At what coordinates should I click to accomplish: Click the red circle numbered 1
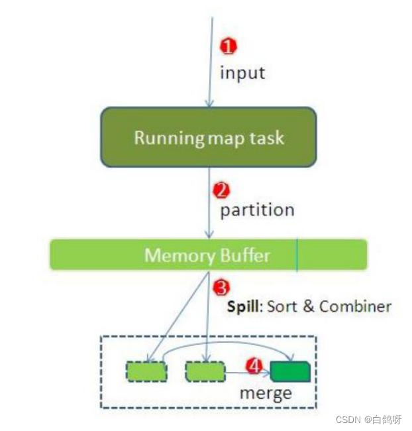click(228, 46)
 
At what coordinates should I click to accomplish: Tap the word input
click(242, 72)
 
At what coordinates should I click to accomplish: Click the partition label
click(257, 210)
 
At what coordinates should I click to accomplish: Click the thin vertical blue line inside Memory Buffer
click(297, 255)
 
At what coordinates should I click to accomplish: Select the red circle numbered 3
click(221, 288)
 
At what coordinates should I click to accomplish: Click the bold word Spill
click(244, 306)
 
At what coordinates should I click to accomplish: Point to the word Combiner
click(355, 306)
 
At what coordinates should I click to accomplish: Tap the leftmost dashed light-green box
click(146, 371)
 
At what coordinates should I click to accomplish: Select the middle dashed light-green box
click(205, 371)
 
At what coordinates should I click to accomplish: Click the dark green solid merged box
click(290, 371)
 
